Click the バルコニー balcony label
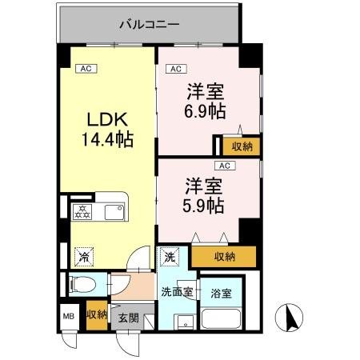click(148, 24)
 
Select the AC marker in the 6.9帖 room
click(177, 70)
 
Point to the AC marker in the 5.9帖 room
click(225, 166)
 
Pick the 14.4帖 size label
click(105, 140)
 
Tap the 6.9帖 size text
click(206, 112)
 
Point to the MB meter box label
click(68, 316)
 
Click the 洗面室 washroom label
click(175, 292)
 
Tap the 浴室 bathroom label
click(222, 293)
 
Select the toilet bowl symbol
click(83, 284)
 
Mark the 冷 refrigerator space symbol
click(82, 257)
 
